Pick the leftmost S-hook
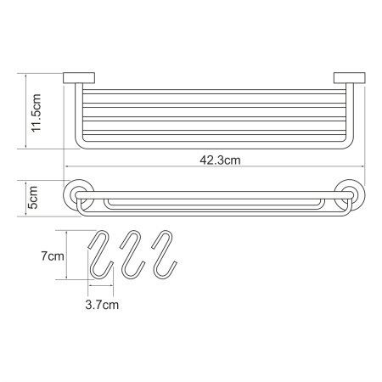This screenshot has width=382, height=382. tap(101, 254)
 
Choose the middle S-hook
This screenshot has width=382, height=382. tap(132, 254)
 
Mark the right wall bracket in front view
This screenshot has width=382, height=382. tap(350, 78)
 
